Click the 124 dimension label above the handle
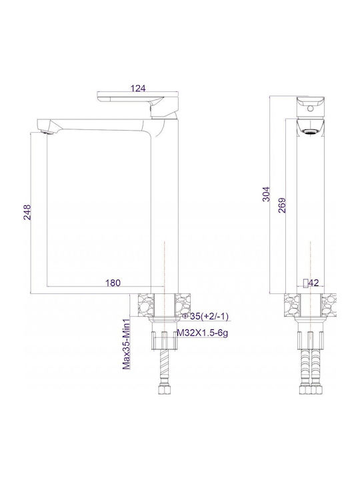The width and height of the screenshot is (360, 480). pos(138,88)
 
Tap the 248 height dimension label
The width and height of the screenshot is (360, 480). pos(27,212)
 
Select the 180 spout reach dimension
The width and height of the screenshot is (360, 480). pos(113,283)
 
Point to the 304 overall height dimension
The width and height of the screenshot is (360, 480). pos(267,194)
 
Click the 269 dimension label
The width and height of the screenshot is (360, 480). pos(282,205)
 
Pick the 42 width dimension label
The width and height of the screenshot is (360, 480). pos(313,283)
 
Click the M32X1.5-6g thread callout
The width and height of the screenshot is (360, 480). pos(203,333)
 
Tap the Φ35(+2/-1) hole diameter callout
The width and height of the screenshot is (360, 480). pos(205,316)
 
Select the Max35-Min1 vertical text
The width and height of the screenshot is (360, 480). pos(126,343)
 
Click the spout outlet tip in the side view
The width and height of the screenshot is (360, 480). pos(47,132)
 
